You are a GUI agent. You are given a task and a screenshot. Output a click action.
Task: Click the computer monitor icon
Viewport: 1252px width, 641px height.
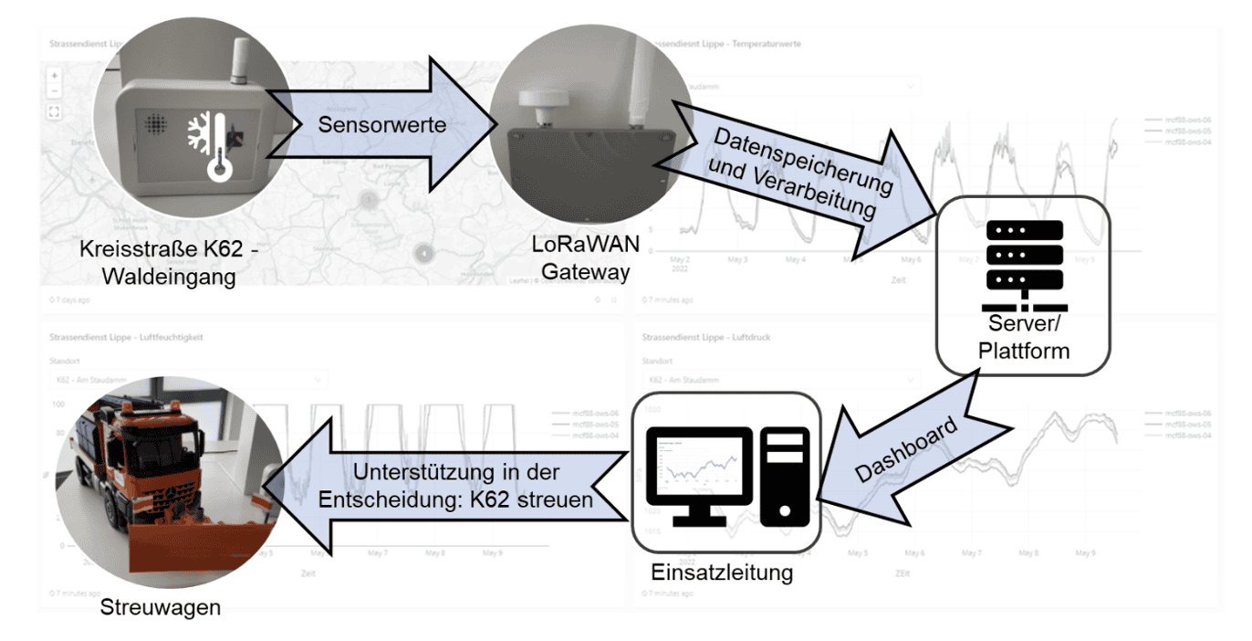click(699, 475)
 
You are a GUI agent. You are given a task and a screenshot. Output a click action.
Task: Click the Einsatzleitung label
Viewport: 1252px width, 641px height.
click(722, 573)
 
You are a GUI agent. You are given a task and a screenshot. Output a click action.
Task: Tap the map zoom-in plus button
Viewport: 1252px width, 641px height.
click(54, 75)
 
